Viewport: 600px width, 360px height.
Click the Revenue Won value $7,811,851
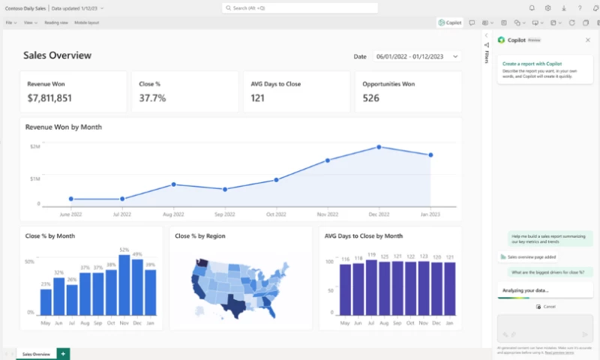coord(49,98)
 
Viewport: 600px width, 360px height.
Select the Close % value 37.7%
coord(152,98)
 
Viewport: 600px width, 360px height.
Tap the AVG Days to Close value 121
coord(257,98)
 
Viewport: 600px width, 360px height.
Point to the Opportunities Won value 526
coord(370,98)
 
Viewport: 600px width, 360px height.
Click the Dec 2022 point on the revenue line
coord(379,147)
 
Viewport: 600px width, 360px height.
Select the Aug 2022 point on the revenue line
coord(173,184)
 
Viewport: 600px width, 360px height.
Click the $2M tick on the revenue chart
coord(35,146)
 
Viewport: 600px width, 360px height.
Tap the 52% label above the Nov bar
coord(124,250)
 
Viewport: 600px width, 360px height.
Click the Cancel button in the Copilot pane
coord(546,307)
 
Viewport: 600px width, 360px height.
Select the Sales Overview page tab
coord(36,353)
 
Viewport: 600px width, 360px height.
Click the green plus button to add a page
coord(63,353)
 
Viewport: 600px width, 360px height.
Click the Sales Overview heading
coord(57,55)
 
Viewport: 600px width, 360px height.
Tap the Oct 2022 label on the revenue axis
coord(276,214)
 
